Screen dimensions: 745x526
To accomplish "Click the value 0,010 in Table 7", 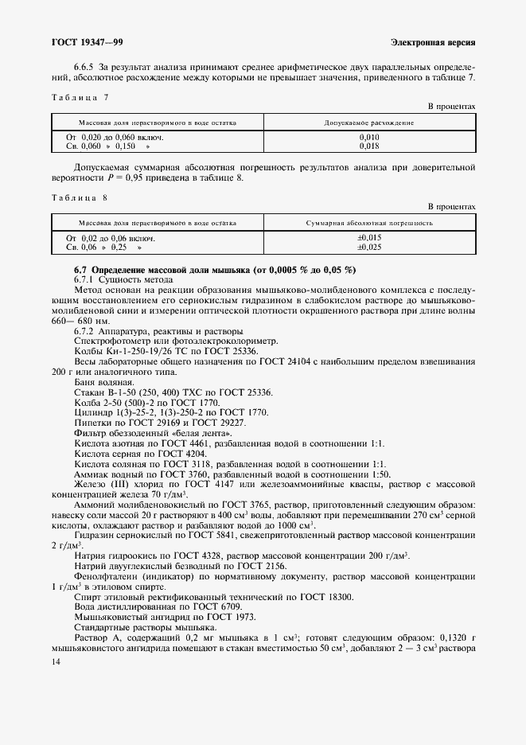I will [x=368, y=138].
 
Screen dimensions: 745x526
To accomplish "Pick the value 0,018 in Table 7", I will [x=368, y=146].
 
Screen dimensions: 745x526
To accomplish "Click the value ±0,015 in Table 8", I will [x=368, y=238].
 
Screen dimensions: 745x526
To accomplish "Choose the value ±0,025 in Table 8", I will [x=368, y=248].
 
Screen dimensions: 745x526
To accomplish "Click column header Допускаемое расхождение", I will [x=368, y=123].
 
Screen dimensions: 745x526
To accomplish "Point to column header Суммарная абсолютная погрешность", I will [x=368, y=223].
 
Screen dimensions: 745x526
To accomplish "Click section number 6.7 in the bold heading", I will [x=80, y=271].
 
